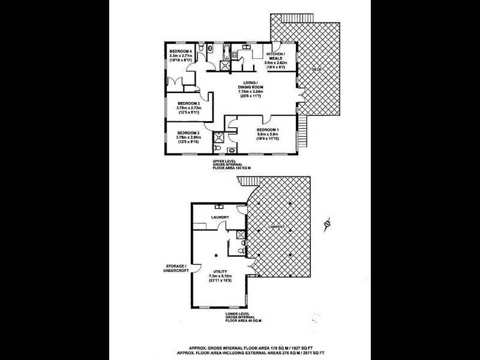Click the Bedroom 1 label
coord(268,130)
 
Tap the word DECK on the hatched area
coord(316,70)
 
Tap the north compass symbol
coord(327,224)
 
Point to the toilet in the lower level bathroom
coord(241,250)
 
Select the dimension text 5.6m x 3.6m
coord(268,135)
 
